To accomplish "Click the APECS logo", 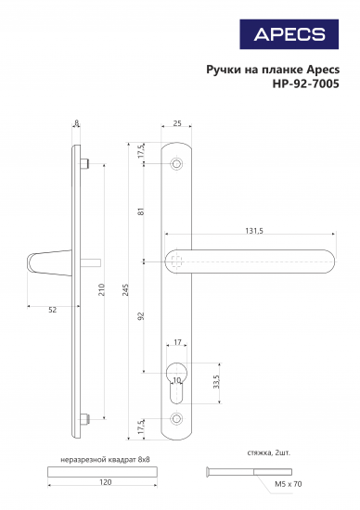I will tap(289, 35).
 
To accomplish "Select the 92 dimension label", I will tap(142, 315).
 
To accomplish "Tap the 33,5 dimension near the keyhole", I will tap(216, 382).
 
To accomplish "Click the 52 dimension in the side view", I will tap(52, 309).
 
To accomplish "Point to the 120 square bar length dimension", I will tap(105, 483).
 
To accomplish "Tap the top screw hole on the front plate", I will tap(177, 163).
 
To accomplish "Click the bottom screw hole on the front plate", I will tap(177, 419).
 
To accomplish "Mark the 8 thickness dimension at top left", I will tap(76, 121).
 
